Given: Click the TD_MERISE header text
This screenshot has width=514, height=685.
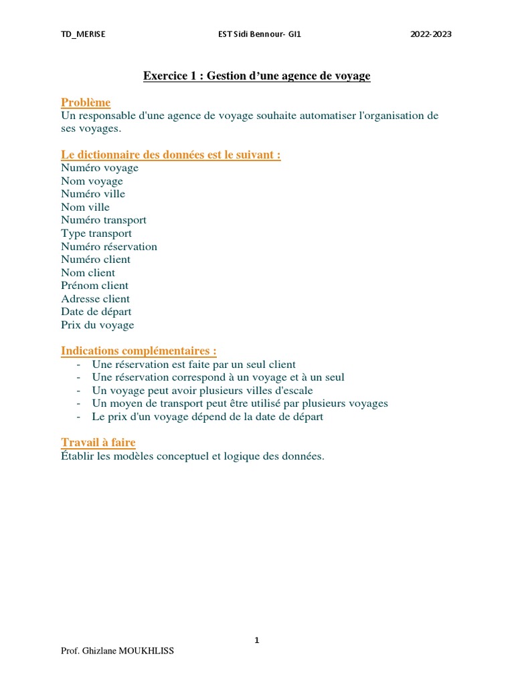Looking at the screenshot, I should point(83,35).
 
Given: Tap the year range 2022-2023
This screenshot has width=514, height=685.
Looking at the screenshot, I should point(431,35).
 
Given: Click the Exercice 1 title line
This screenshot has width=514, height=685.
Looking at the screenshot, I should point(256,76).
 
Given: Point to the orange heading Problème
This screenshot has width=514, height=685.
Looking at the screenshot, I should point(86,102).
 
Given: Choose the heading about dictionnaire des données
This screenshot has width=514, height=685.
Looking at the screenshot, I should point(171,155).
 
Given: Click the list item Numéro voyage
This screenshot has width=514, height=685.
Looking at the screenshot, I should point(100,168).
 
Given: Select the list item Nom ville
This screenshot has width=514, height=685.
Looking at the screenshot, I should point(85,207).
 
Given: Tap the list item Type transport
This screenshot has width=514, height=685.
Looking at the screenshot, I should point(96,233).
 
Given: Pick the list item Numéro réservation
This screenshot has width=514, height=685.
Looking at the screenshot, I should point(109,246).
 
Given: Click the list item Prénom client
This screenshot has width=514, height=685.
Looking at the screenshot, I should point(94,286).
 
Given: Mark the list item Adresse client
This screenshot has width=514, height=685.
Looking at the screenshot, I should point(95,299).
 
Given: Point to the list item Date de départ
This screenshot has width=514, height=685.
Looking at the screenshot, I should point(96,312).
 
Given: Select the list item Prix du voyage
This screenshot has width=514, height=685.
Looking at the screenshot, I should point(97,325).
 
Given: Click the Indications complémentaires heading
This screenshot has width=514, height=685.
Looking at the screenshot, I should point(139,351).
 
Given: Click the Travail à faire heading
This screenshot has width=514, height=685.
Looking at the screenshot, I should point(98,443).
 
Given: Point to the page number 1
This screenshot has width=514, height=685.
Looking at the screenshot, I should point(256,640).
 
